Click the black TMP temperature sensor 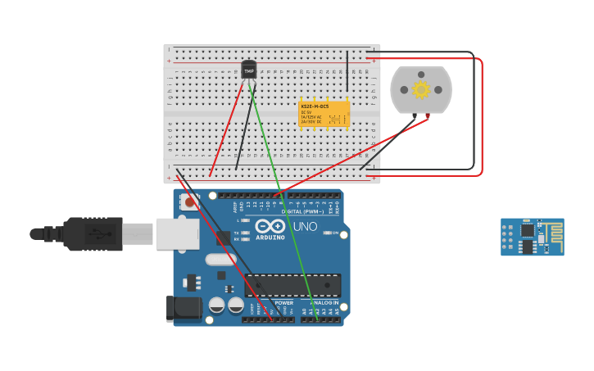(249, 70)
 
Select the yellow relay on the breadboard (324, 114)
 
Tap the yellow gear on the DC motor (421, 89)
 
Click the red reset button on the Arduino (190, 201)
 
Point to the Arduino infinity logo (270, 227)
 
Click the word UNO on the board (305, 227)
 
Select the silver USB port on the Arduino (177, 233)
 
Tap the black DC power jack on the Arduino (183, 308)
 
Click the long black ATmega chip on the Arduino (292, 285)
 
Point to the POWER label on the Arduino (283, 302)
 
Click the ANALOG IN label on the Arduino (323, 302)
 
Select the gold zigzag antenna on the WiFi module (551, 230)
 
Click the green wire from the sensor (283, 197)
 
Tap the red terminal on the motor (427, 115)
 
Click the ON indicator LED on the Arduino (327, 233)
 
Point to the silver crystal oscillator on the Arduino (220, 260)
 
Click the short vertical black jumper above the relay (347, 70)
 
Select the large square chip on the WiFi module (527, 231)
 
